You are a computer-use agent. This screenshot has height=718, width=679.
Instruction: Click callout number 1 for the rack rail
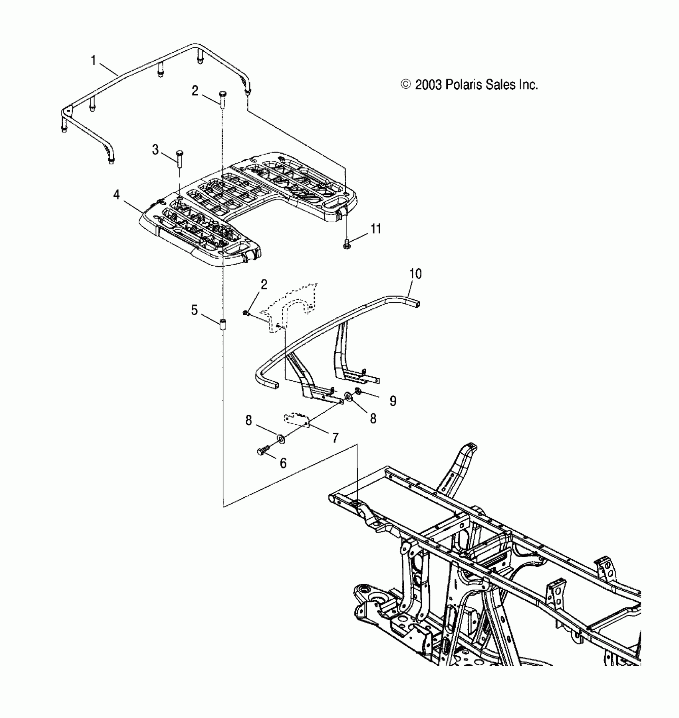93,61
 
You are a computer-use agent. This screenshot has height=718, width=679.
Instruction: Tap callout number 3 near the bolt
155,150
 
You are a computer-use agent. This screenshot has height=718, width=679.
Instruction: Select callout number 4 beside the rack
116,195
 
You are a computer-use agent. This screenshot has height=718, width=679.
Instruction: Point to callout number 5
195,310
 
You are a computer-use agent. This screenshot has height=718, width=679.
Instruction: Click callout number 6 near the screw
283,463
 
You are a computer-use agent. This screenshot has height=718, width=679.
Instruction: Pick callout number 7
336,438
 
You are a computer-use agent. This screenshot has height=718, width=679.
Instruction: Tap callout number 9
393,401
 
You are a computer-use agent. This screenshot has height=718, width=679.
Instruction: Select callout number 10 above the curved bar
415,274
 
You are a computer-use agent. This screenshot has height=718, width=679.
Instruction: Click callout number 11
376,229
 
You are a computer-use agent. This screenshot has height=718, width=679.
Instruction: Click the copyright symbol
406,85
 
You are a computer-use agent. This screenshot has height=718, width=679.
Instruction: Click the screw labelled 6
263,451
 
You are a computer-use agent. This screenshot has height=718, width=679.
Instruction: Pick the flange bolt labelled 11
347,243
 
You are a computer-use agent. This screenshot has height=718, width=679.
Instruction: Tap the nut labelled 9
358,391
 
